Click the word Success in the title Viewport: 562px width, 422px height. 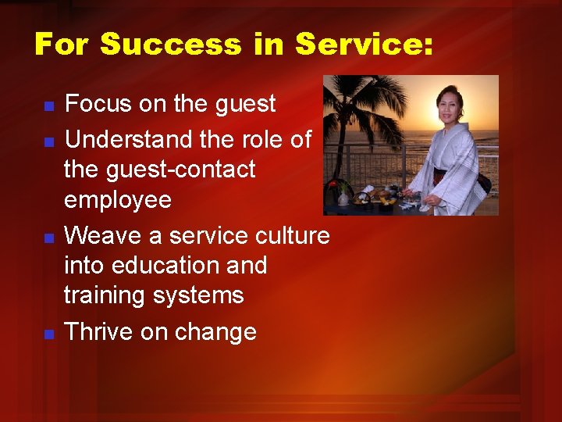pyautogui.click(x=170, y=44)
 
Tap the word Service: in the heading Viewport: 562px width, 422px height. pyautogui.click(x=363, y=44)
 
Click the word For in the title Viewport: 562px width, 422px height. pyautogui.click(x=62, y=44)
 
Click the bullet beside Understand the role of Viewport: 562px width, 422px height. pyautogui.click(x=48, y=142)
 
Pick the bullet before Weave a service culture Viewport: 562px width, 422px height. pyautogui.click(x=48, y=238)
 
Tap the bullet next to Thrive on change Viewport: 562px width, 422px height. pyautogui.click(x=48, y=334)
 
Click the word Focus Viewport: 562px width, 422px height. pyautogui.click(x=98, y=103)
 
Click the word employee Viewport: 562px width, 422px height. pyautogui.click(x=117, y=200)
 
